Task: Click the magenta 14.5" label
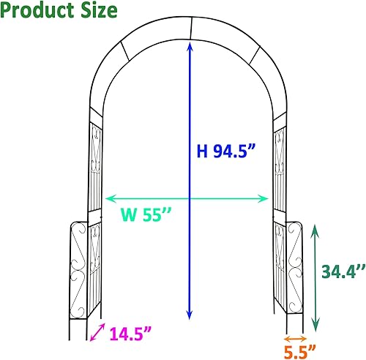pyautogui.click(x=132, y=334)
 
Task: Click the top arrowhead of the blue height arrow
pyautogui.click(x=190, y=46)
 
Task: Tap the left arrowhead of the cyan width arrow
pyautogui.click(x=110, y=198)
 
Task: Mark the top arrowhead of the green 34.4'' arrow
pyautogui.click(x=315, y=229)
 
